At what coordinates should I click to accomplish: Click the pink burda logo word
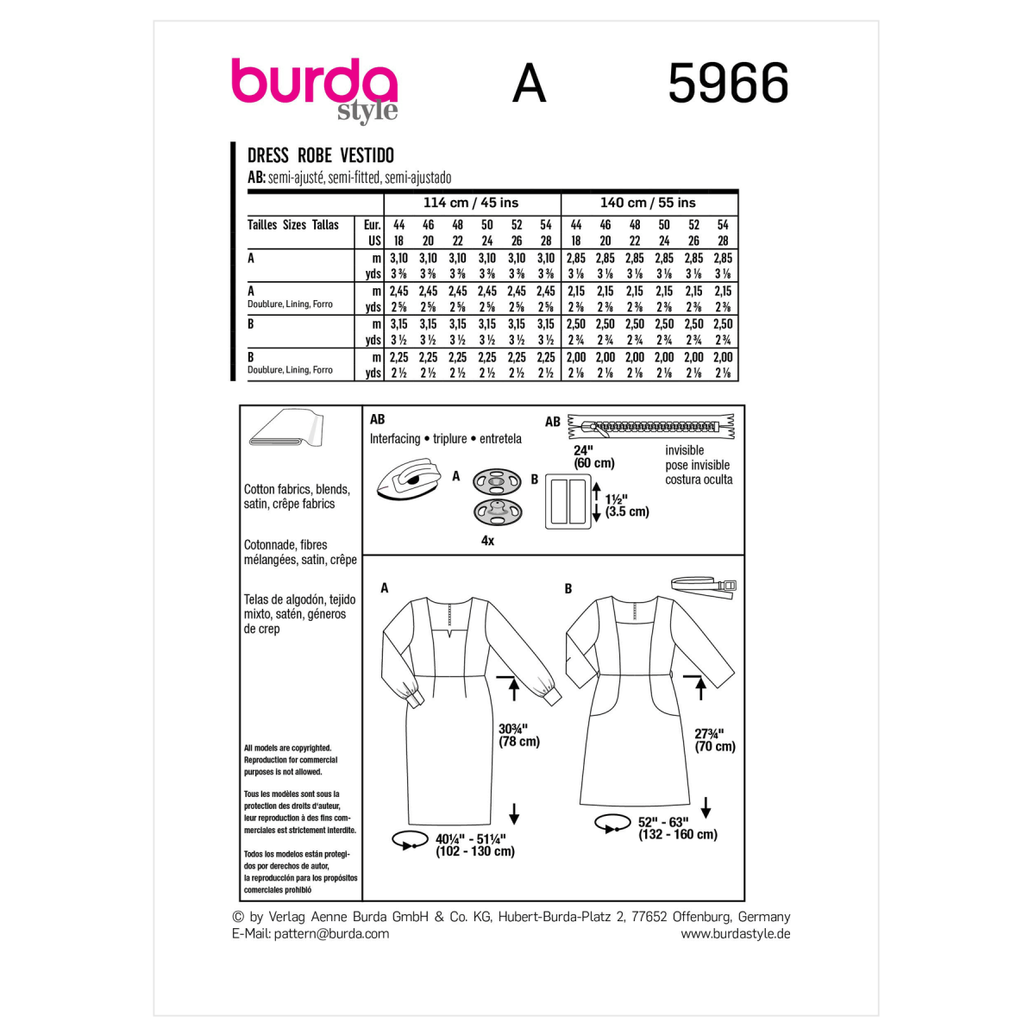click(315, 80)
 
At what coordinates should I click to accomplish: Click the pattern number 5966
click(728, 84)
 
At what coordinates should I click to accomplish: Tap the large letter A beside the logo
click(529, 84)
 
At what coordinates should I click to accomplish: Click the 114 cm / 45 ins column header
click(471, 203)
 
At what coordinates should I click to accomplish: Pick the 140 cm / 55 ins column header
click(648, 203)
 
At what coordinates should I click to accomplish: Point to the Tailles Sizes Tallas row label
click(292, 224)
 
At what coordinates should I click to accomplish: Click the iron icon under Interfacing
click(409, 479)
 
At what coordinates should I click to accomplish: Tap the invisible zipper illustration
click(651, 428)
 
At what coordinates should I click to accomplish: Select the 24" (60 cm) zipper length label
click(594, 457)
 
